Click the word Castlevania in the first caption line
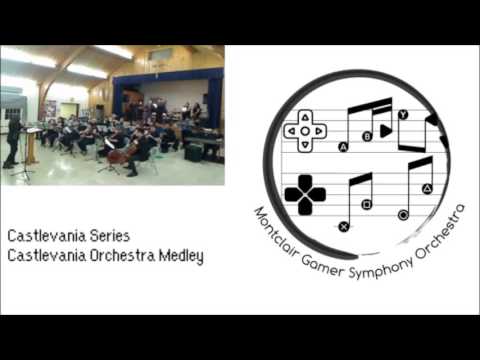click(46, 236)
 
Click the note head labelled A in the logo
click(343, 146)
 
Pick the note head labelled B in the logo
click(367, 134)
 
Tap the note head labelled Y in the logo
click(402, 115)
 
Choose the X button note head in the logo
click(343, 226)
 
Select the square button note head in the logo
click(367, 204)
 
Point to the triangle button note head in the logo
click(426, 189)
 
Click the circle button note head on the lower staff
click(403, 214)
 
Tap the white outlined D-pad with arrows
click(305, 130)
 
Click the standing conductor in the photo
click(12, 142)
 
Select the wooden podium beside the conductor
click(30, 145)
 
